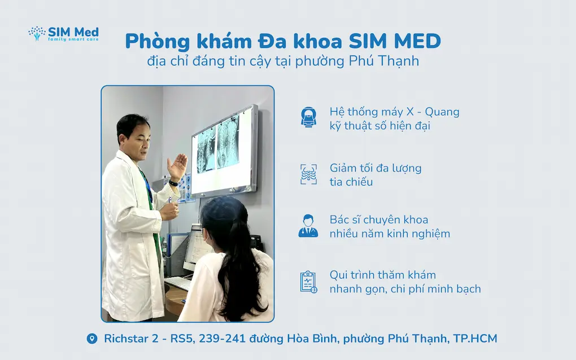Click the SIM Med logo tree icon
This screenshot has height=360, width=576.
[x=37, y=33]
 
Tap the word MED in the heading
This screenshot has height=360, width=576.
[x=417, y=41]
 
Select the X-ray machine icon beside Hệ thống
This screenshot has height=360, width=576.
[x=308, y=117]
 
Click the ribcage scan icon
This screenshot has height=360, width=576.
[x=308, y=174]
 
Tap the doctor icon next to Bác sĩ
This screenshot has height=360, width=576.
[x=308, y=226]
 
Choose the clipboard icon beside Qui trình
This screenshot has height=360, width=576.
[x=308, y=282]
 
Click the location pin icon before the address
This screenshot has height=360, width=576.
[x=92, y=339]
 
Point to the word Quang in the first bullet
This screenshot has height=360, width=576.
[x=442, y=112]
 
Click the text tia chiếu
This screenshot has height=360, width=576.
[x=351, y=182]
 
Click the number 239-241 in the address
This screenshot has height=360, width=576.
[x=222, y=339]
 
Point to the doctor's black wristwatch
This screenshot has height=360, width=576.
[x=173, y=183]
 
